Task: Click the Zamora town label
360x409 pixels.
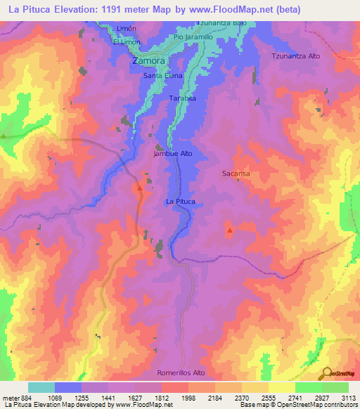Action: pyautogui.click(x=148, y=61)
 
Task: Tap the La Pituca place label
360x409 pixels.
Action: pyautogui.click(x=179, y=202)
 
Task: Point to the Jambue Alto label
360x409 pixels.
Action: pyautogui.click(x=172, y=153)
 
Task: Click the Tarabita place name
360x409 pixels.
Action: pyautogui.click(x=182, y=99)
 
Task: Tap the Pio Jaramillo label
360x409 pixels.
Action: pyautogui.click(x=194, y=37)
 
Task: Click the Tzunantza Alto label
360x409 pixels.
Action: pyautogui.click(x=296, y=55)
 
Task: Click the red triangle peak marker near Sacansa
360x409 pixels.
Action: pyautogui.click(x=229, y=229)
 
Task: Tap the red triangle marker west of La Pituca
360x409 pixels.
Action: pyautogui.click(x=139, y=188)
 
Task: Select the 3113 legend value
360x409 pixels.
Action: pyautogui.click(x=347, y=397)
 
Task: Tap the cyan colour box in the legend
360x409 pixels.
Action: pyautogui.click(x=41, y=387)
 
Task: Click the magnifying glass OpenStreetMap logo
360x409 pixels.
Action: pyautogui.click(x=327, y=374)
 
